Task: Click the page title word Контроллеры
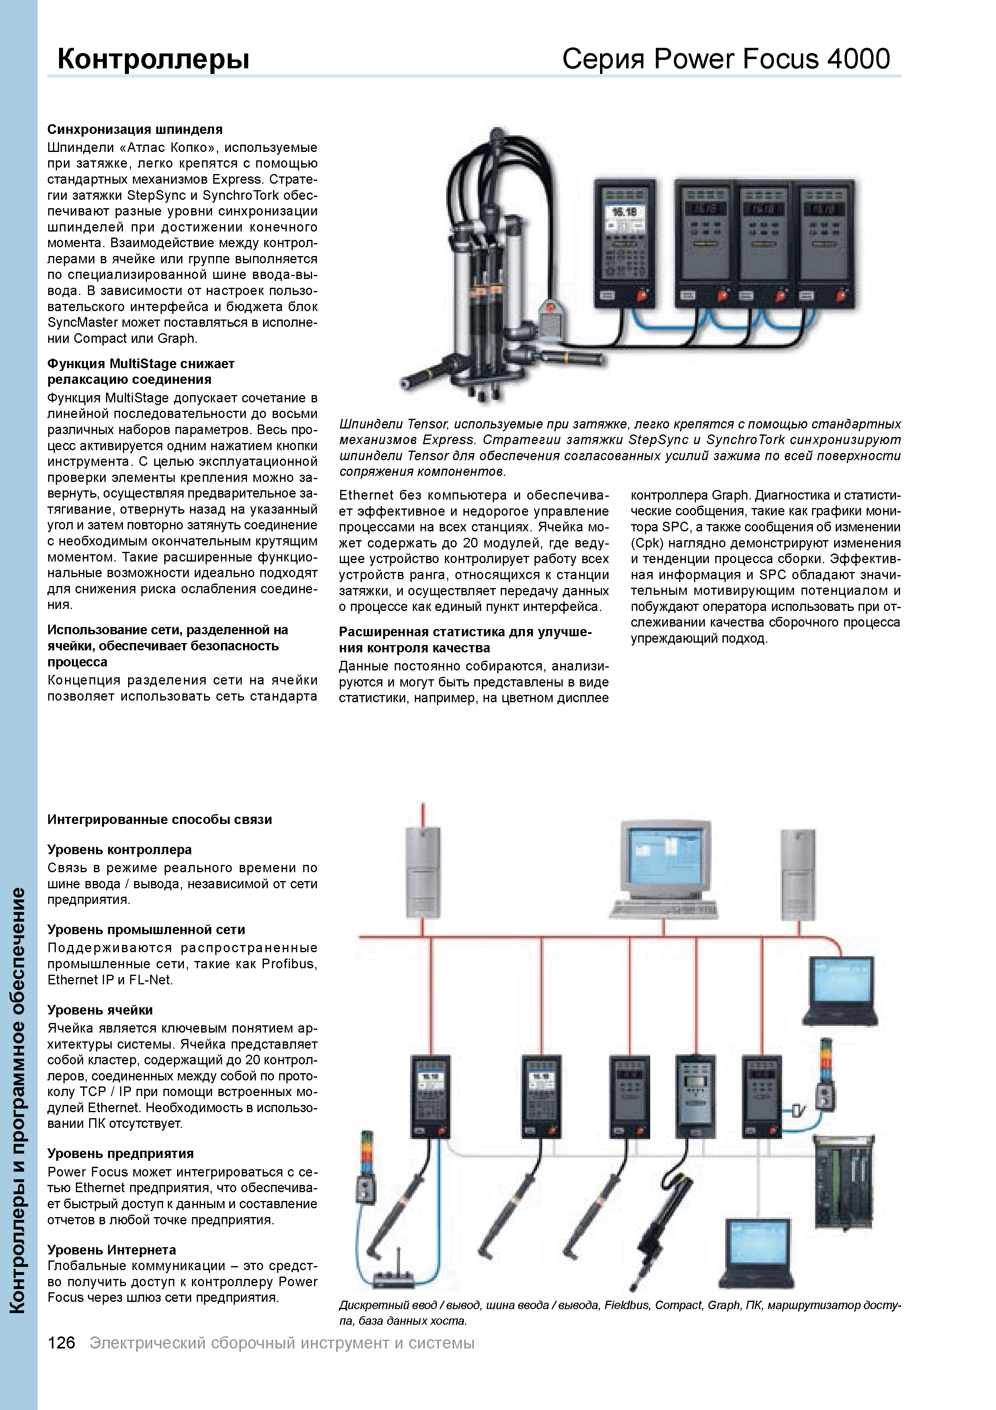click(153, 59)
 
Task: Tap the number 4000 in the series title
click(858, 59)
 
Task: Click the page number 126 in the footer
click(61, 1343)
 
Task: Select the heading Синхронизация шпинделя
click(135, 129)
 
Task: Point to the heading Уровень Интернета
click(112, 1250)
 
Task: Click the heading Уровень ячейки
click(100, 1010)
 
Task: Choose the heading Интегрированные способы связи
click(159, 819)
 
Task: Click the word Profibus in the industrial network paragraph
click(287, 963)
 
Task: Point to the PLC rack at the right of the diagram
click(844, 1182)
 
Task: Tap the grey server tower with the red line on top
click(423, 872)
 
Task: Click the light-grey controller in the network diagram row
click(695, 1096)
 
